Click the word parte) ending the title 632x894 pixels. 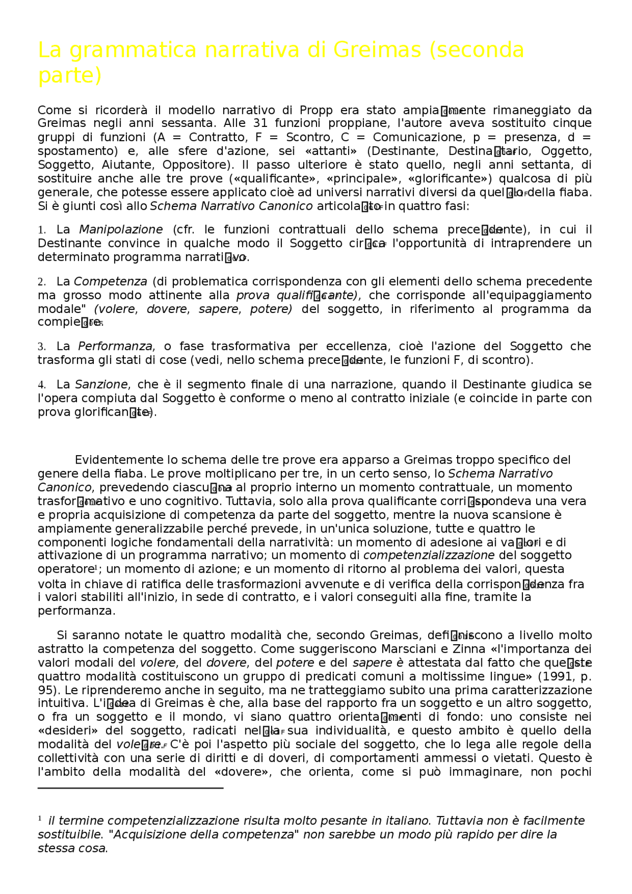(70, 76)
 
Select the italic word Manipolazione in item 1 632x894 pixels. (120, 230)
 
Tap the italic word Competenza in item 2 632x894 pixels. (110, 281)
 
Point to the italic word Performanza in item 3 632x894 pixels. (116, 346)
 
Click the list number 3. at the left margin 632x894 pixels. (41, 347)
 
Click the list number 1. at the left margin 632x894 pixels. (41, 230)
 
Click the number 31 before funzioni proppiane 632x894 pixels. (260, 123)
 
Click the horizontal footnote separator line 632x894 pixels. (130, 788)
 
